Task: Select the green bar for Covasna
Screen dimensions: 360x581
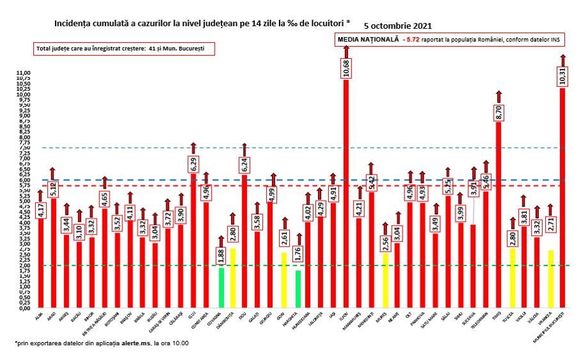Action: coord(221,287)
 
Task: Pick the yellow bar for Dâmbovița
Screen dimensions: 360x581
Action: coord(234,278)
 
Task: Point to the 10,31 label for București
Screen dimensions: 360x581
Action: coord(562,75)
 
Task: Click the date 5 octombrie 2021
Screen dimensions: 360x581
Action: coord(397,26)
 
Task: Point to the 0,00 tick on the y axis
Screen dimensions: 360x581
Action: coord(24,308)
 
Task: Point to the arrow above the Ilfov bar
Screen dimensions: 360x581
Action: coord(346,50)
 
